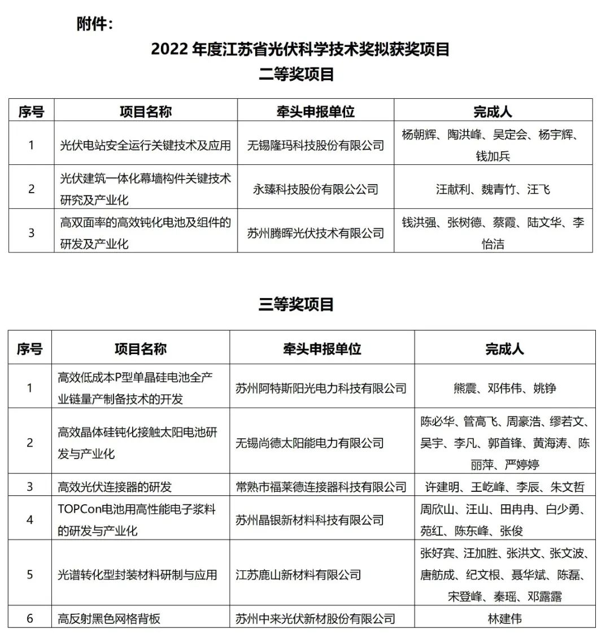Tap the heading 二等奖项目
(297, 74)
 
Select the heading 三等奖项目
(297, 304)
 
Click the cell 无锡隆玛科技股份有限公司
(315, 145)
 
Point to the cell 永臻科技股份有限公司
(315, 189)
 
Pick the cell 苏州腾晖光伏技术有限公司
(315, 233)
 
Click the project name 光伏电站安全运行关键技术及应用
(145, 145)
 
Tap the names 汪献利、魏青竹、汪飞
(493, 189)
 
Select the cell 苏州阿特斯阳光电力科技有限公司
(321, 388)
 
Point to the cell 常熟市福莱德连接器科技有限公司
(321, 486)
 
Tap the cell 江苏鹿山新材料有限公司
(298, 575)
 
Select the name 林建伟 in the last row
(504, 618)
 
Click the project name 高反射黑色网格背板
(109, 618)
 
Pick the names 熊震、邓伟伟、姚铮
(504, 388)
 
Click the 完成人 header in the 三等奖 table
(504, 349)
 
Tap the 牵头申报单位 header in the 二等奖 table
(315, 111)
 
